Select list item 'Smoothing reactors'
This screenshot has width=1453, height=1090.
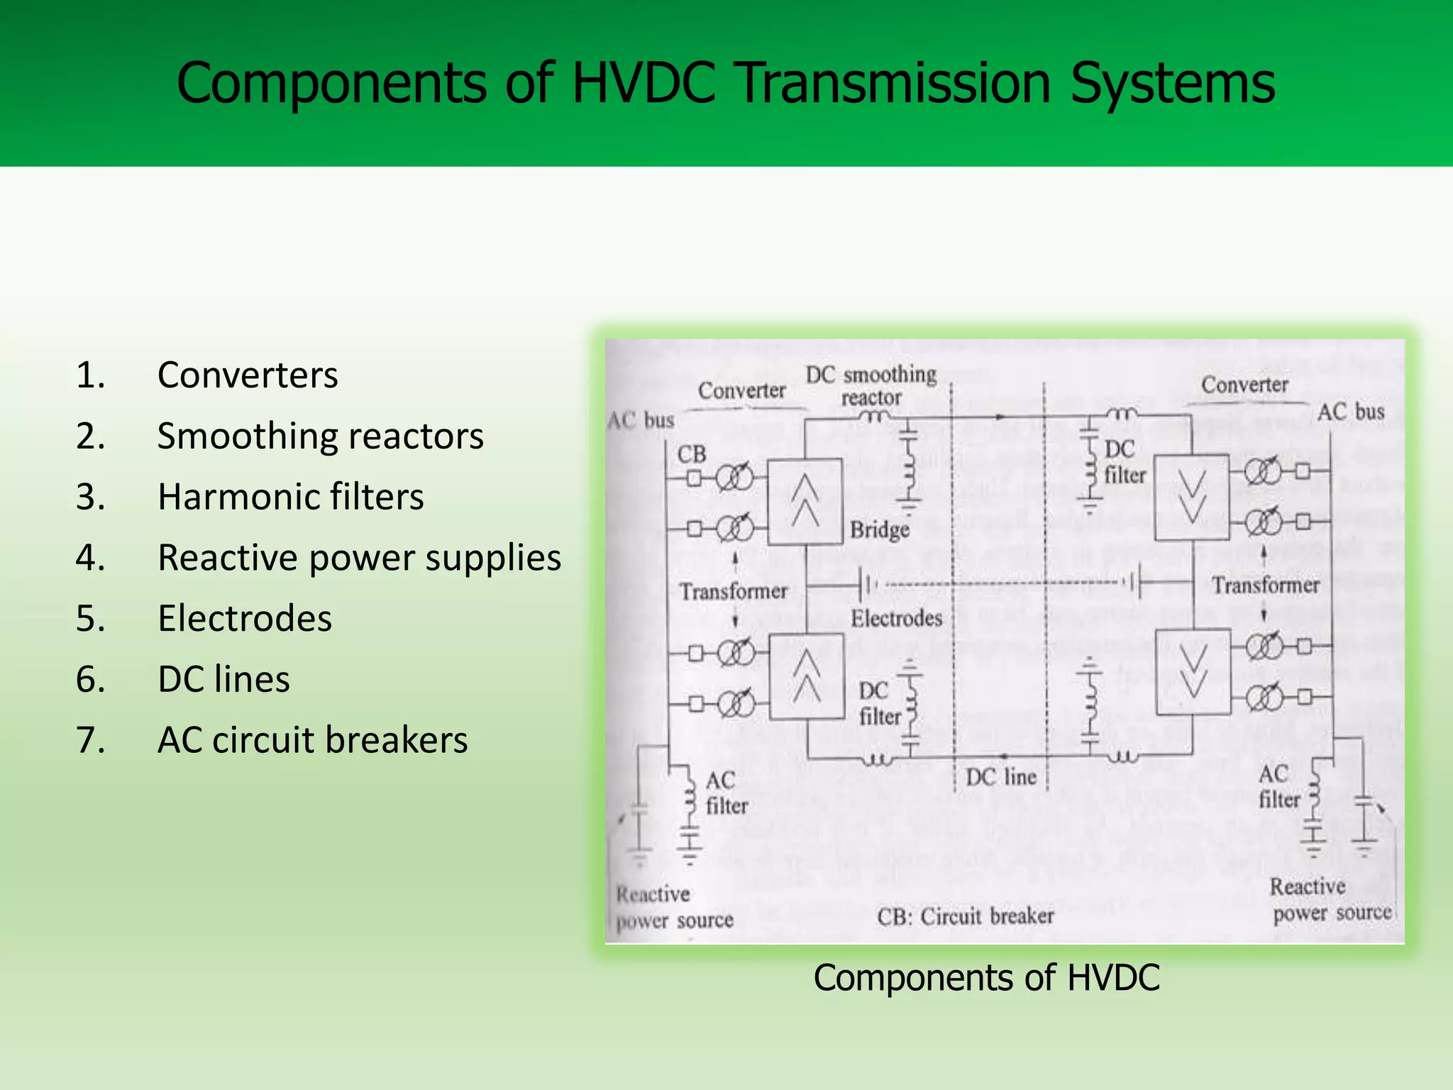(x=320, y=436)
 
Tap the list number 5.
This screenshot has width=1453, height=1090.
(x=91, y=618)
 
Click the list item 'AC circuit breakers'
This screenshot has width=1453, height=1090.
(x=312, y=740)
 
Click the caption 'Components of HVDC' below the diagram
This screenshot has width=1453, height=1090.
(x=986, y=977)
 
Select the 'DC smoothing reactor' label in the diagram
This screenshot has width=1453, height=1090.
(x=871, y=385)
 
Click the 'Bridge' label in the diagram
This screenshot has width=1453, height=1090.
(x=880, y=529)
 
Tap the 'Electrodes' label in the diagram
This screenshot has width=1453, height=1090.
(x=896, y=618)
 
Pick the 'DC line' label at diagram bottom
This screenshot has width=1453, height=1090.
(x=1001, y=777)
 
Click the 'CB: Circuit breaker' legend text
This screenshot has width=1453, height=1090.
(x=965, y=916)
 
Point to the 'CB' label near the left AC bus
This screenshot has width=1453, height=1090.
(x=692, y=454)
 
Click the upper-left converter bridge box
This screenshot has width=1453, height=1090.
(x=805, y=501)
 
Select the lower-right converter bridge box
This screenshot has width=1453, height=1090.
(x=1192, y=671)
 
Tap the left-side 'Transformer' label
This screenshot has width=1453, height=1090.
(x=734, y=591)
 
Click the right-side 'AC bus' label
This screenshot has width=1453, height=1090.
(x=1350, y=412)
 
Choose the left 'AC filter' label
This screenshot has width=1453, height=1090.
(x=725, y=793)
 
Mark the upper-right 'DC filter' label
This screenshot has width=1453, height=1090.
(x=1124, y=462)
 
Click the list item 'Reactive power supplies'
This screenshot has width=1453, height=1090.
(x=359, y=558)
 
